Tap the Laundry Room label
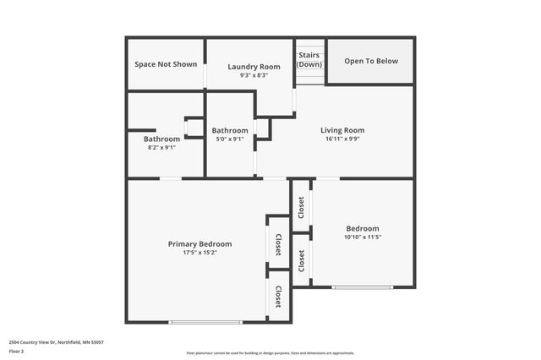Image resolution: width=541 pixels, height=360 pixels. pyautogui.click(x=254, y=67)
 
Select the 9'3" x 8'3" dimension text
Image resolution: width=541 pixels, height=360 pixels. pyautogui.click(x=254, y=75)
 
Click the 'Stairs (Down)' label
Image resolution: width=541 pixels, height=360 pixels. pyautogui.click(x=309, y=60)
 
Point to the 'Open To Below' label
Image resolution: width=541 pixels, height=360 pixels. pyautogui.click(x=371, y=61)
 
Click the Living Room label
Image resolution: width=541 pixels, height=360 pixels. pyautogui.click(x=342, y=130)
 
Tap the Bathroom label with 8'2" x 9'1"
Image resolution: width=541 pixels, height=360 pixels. pyautogui.click(x=161, y=139)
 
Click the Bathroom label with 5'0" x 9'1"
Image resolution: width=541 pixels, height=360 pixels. pyautogui.click(x=230, y=130)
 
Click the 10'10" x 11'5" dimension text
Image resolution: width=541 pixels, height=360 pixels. pyautogui.click(x=363, y=237)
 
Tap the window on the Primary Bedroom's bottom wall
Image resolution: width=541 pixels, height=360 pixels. pyautogui.click(x=205, y=322)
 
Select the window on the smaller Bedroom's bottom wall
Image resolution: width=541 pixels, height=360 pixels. pyautogui.click(x=362, y=287)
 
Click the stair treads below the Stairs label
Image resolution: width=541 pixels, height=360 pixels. pyautogui.click(x=309, y=78)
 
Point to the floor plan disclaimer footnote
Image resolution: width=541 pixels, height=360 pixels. pyautogui.click(x=270, y=353)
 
